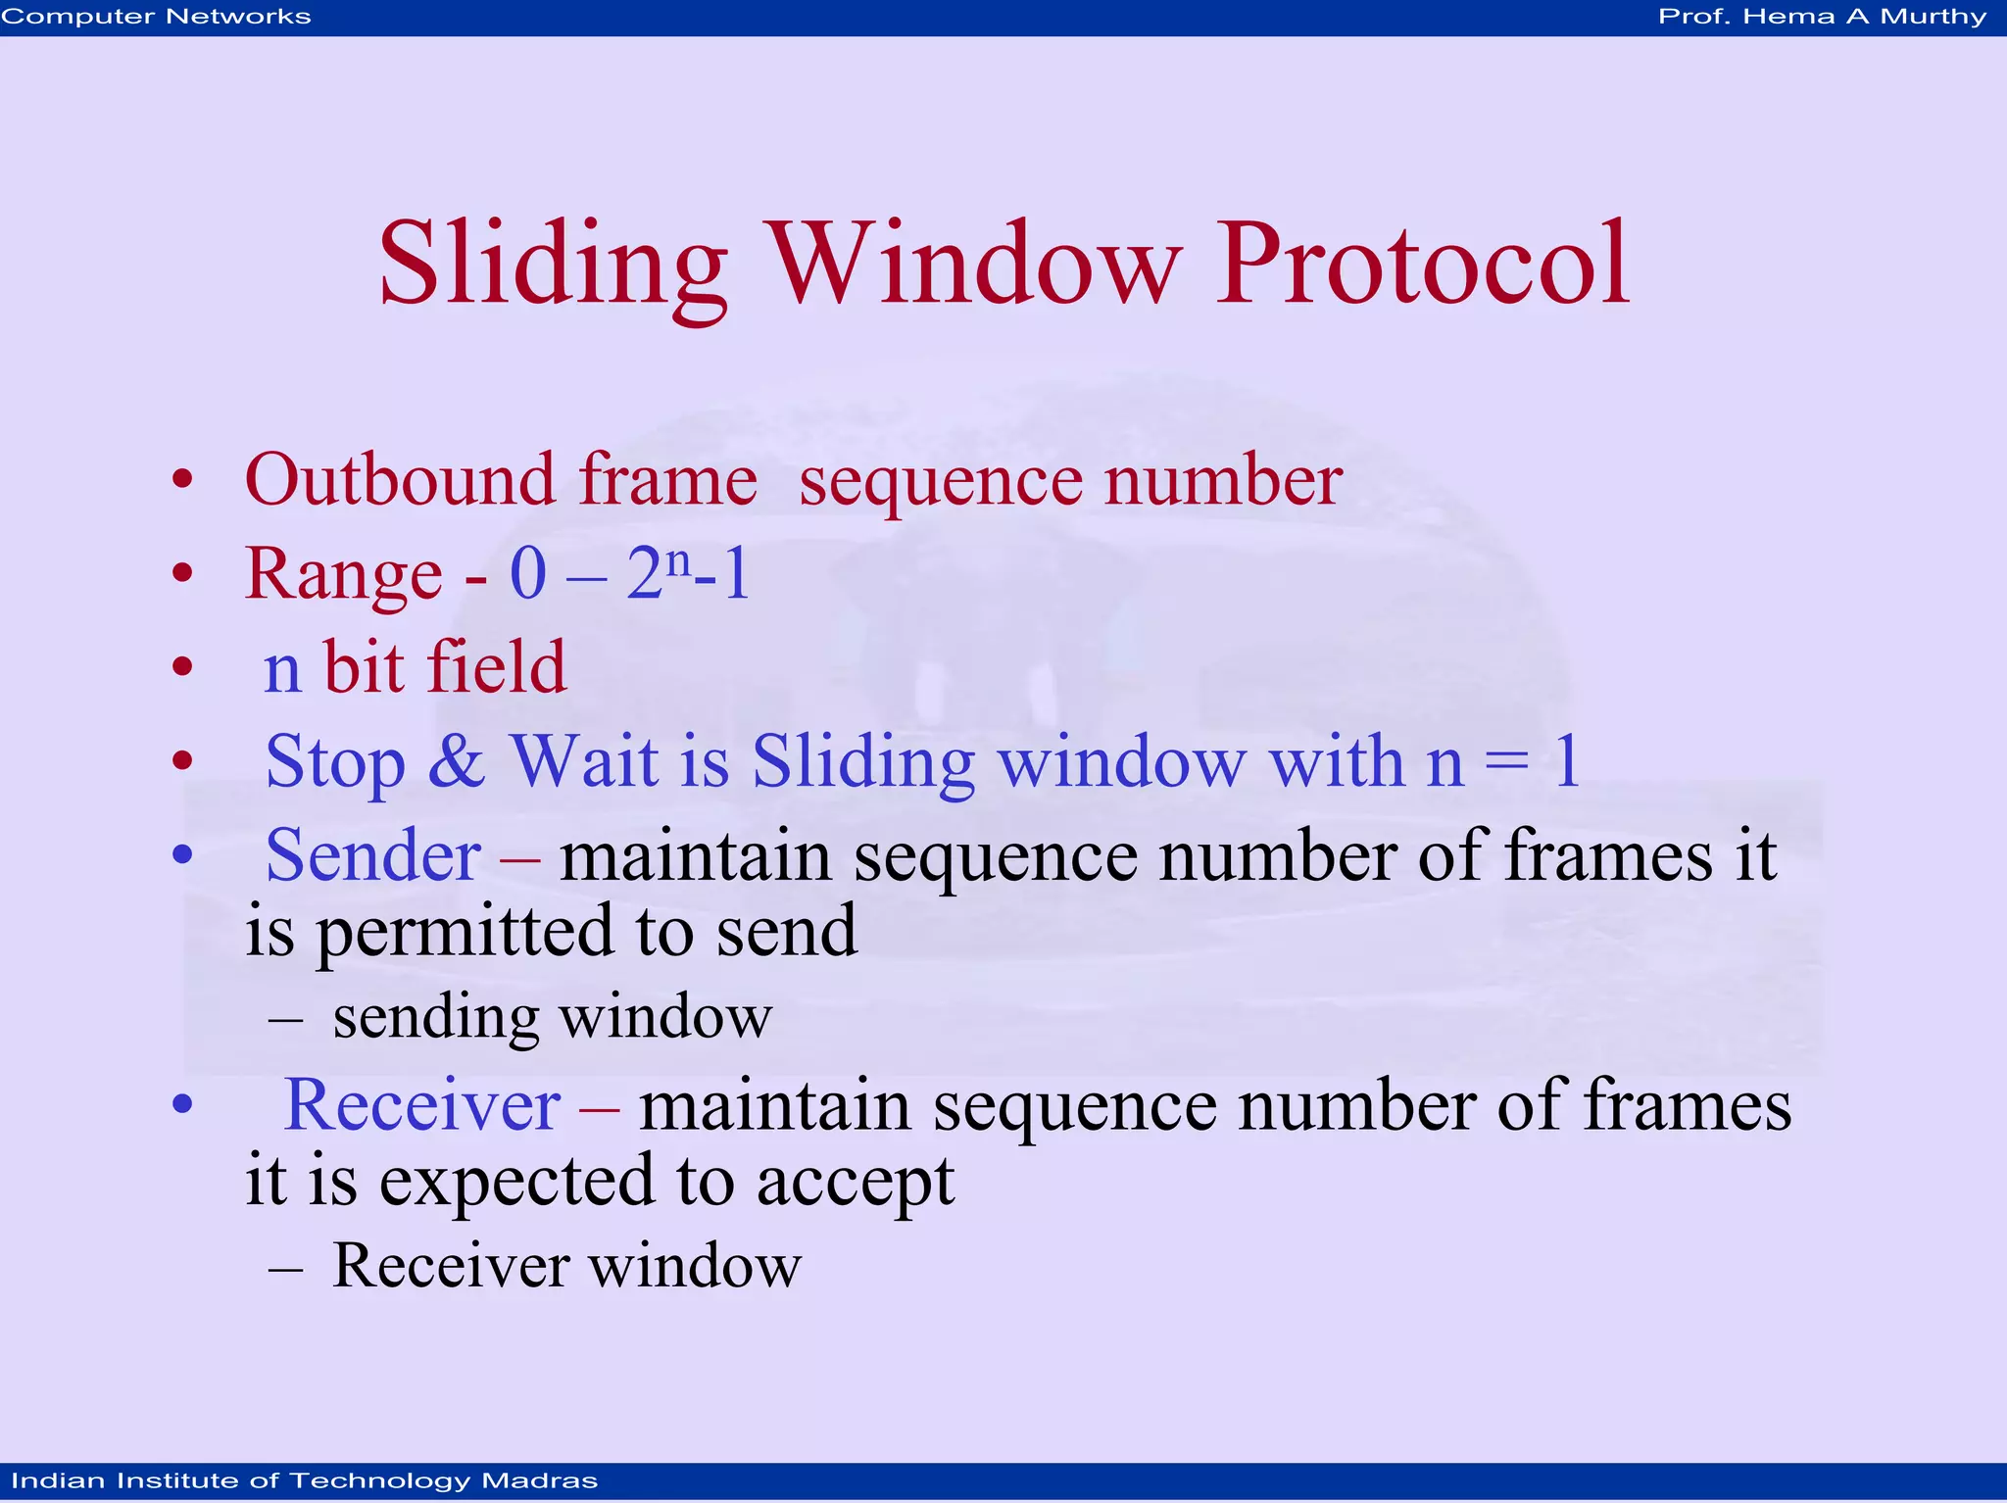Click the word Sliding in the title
click(553, 265)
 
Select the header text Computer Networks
click(156, 17)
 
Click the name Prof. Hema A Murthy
click(1822, 17)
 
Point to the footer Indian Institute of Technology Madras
click(304, 1480)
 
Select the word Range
click(343, 574)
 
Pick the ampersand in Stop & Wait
click(457, 760)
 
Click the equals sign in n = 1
click(1507, 762)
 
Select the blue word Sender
click(373, 855)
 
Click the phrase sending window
click(552, 1017)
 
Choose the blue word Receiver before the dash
click(421, 1105)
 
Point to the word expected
click(518, 1182)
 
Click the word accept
click(855, 1182)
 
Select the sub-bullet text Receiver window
click(566, 1266)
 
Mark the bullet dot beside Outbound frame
click(182, 480)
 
